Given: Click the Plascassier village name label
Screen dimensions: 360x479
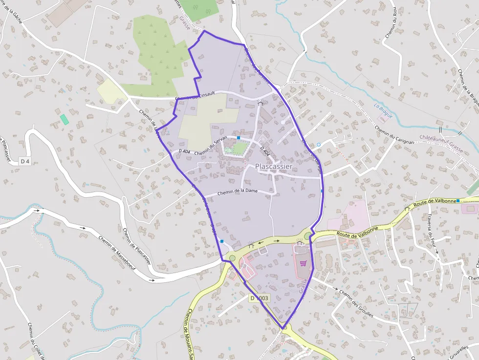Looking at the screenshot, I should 274,167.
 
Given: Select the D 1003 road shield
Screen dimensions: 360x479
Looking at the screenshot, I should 260,298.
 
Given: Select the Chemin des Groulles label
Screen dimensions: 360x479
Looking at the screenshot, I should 356,304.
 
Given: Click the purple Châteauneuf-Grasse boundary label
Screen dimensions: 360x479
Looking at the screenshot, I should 441,142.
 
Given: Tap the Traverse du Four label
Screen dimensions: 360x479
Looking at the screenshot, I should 432,234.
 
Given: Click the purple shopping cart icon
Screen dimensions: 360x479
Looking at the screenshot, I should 304,263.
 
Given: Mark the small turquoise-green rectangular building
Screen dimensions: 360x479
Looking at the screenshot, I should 65,119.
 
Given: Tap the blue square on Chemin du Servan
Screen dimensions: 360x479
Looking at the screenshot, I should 239,138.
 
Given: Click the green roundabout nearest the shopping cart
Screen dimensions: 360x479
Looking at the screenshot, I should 307,236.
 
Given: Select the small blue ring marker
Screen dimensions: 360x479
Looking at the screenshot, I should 318,145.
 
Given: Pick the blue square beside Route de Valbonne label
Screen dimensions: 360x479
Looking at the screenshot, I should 458,201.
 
